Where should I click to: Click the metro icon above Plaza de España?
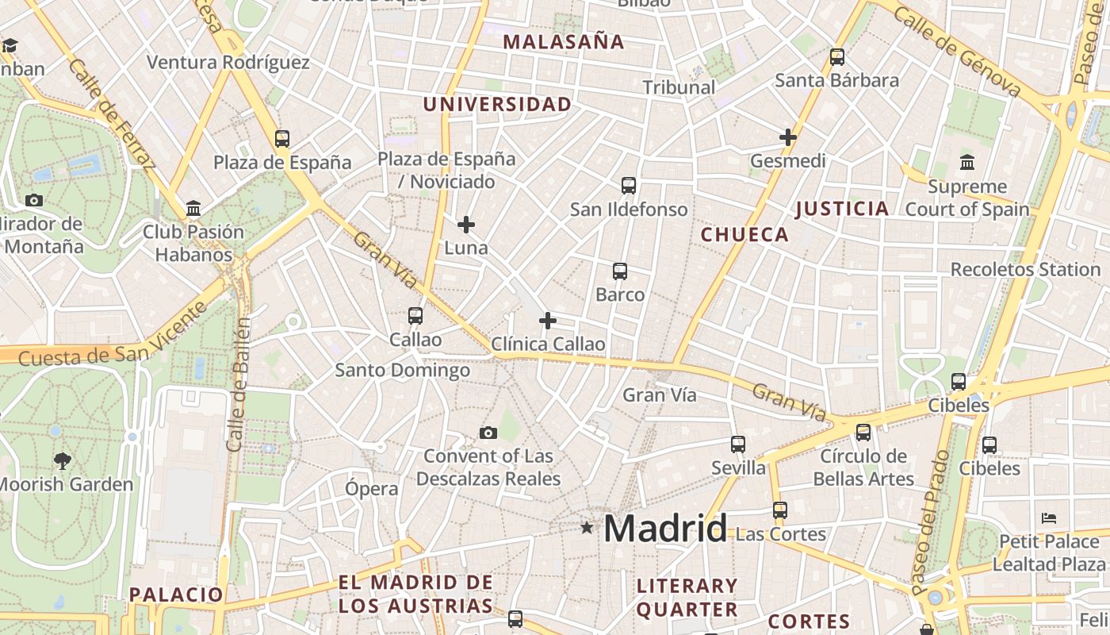tap(282, 139)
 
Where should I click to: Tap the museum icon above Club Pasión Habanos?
tap(193, 209)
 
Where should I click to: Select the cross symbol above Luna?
tap(466, 225)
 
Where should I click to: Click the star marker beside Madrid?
tap(587, 527)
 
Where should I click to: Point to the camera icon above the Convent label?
tap(488, 433)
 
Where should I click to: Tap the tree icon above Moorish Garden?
tap(62, 460)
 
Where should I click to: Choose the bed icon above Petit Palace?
tap(1049, 518)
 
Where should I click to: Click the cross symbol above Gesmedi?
tap(787, 137)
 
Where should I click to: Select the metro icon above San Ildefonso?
tap(629, 186)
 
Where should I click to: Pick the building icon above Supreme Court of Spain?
tap(967, 163)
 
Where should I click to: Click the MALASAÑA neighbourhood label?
tap(564, 42)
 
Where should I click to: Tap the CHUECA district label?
tap(744, 234)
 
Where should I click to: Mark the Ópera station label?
tap(371, 488)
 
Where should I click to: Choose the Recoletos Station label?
tap(1025, 269)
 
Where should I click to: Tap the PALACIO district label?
tap(176, 594)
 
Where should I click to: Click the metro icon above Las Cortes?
tap(780, 510)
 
